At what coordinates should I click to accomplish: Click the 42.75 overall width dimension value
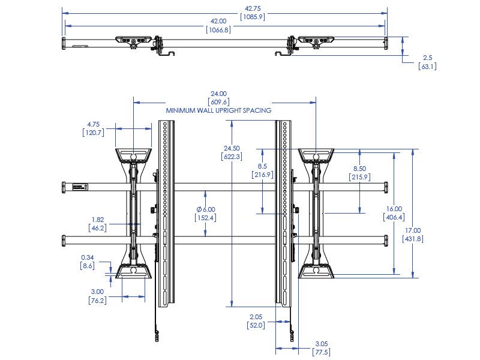pyautogui.click(x=253, y=8)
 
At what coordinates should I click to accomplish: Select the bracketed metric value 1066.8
pyautogui.click(x=218, y=29)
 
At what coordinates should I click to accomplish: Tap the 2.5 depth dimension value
pyautogui.click(x=427, y=58)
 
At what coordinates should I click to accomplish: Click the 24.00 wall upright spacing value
pyautogui.click(x=218, y=94)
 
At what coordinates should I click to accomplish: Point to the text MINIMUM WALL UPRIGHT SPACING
pyautogui.click(x=218, y=110)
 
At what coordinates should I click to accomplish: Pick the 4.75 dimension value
pyautogui.click(x=93, y=125)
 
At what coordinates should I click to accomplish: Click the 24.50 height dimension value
pyautogui.click(x=232, y=148)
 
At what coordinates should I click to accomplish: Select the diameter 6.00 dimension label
pyautogui.click(x=206, y=209)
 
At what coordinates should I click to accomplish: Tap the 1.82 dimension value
pyautogui.click(x=98, y=220)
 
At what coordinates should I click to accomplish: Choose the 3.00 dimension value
pyautogui.click(x=97, y=291)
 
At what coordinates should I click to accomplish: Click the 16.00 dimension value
pyautogui.click(x=394, y=209)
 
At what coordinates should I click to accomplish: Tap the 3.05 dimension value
pyautogui.click(x=322, y=344)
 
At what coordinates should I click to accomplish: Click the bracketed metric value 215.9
pyautogui.click(x=359, y=177)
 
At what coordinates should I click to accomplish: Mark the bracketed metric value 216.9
pyautogui.click(x=263, y=175)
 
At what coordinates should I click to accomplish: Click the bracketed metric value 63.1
pyautogui.click(x=427, y=66)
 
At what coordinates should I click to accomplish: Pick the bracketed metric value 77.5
pyautogui.click(x=322, y=352)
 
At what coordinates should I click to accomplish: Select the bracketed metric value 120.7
pyautogui.click(x=93, y=133)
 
